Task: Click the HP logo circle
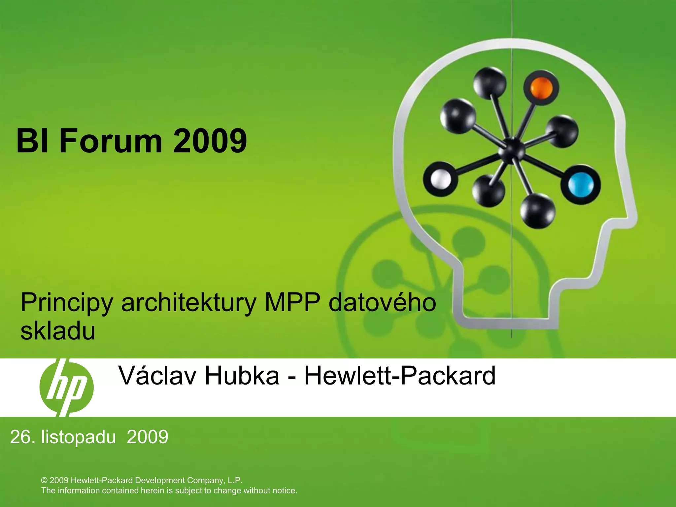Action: pos(66,388)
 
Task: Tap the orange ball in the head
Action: pos(541,88)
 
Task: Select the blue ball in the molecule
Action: pos(581,185)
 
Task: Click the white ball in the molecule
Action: pos(441,180)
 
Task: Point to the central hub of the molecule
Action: pos(511,151)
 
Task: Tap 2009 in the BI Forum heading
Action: pos(210,141)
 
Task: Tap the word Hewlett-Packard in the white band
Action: pos(399,375)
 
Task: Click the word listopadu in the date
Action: pos(79,437)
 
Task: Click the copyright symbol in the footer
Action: pos(45,480)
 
